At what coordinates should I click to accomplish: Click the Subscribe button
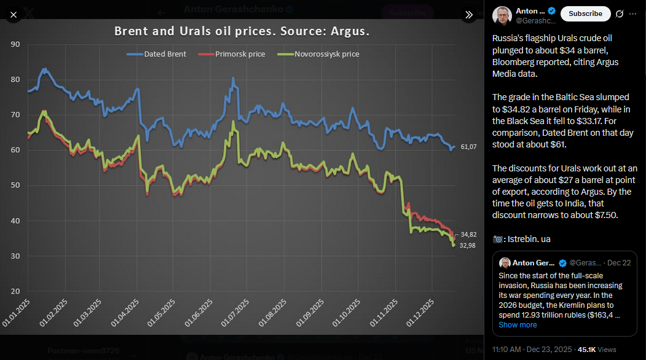pos(585,14)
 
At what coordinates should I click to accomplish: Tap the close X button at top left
pos(14,14)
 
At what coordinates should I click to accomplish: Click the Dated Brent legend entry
pos(157,54)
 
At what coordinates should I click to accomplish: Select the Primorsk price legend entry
pos(232,54)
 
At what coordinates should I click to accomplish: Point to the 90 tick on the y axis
pos(15,44)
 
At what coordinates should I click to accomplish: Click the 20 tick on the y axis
pos(15,291)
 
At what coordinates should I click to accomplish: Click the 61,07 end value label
pos(468,147)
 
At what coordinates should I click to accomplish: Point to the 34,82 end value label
pos(468,235)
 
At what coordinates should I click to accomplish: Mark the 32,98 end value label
pos(468,246)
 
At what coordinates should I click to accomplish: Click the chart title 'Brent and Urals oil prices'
pos(242,31)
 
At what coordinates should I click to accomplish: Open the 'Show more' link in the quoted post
pos(518,325)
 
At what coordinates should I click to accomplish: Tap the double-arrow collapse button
pos(469,14)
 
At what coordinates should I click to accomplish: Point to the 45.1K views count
pos(586,350)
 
